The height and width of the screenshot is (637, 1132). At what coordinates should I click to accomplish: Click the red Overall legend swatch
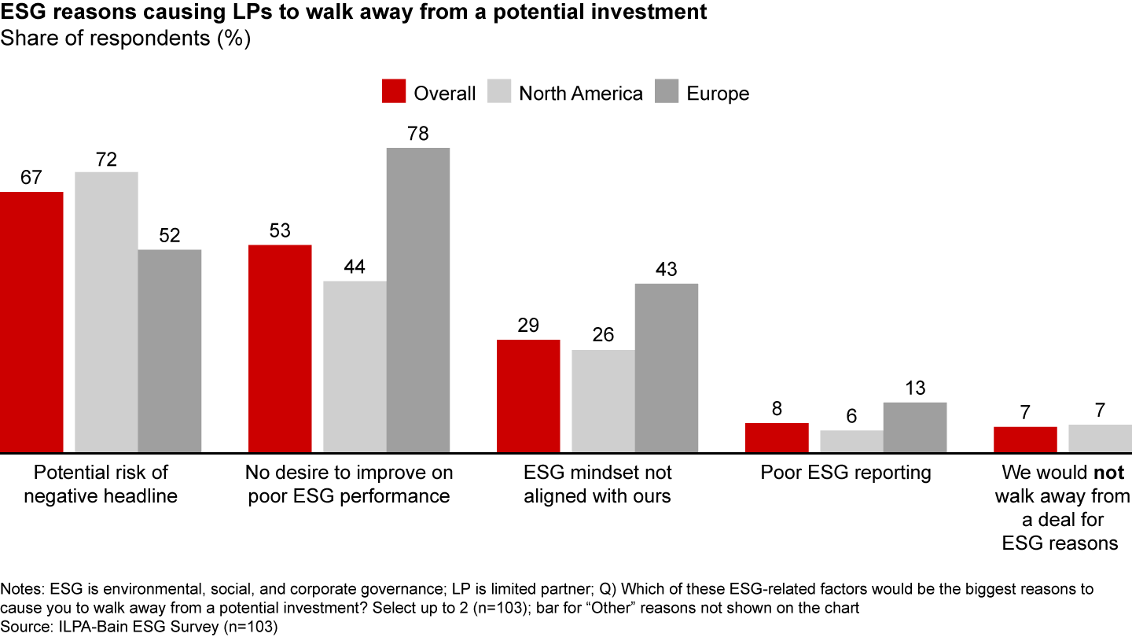point(392,93)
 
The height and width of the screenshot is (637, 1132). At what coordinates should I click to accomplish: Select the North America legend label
point(580,94)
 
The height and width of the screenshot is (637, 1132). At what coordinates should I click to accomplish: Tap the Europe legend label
point(718,94)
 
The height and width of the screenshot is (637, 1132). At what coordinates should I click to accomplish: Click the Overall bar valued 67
point(31,322)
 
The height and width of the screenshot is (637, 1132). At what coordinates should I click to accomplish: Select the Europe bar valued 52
point(169,351)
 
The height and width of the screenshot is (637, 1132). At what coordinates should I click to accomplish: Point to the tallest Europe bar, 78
point(418,300)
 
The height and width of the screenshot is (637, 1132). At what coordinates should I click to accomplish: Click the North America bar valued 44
point(355,366)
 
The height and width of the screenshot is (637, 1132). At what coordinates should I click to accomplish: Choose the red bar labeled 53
point(280,348)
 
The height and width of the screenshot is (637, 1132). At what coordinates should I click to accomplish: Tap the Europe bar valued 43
point(666,368)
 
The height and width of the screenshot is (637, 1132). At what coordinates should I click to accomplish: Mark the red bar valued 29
point(528,396)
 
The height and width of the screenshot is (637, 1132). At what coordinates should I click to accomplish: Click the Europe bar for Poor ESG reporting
point(914,427)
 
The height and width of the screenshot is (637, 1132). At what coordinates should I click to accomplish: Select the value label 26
point(603,335)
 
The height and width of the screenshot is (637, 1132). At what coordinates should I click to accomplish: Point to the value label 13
point(914,388)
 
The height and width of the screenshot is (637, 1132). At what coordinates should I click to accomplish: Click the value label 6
point(851,416)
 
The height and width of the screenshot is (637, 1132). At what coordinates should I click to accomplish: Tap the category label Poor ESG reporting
point(845,473)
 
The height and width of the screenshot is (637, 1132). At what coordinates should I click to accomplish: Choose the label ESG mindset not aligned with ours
point(597,484)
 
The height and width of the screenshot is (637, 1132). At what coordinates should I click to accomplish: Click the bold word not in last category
point(1110,473)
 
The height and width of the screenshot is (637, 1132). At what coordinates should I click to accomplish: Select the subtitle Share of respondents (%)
point(126,39)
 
